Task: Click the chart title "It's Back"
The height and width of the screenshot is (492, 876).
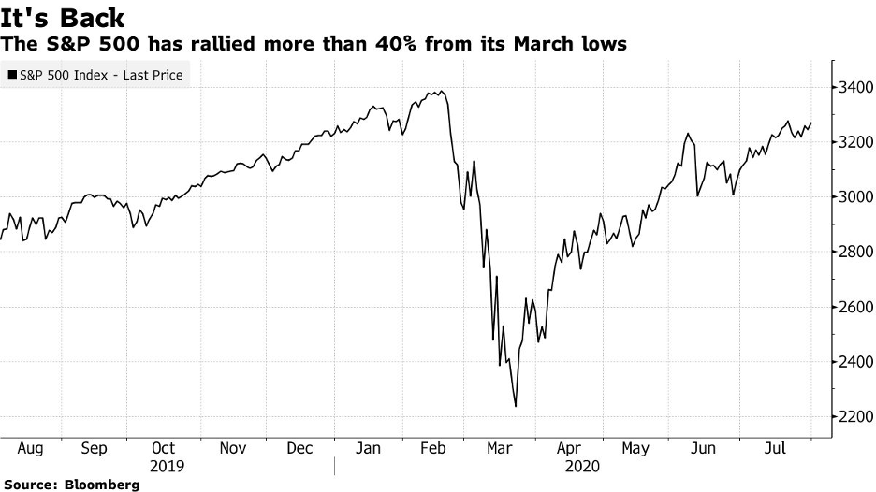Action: tap(63, 17)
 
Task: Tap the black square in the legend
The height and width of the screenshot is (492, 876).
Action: tap(12, 75)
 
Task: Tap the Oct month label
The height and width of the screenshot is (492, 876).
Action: tap(163, 448)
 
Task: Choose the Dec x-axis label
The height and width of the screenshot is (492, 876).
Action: tap(299, 448)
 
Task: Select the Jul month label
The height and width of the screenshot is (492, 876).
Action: tap(773, 448)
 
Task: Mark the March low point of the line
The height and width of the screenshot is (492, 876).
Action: tap(516, 406)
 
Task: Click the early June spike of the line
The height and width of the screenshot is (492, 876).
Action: tap(688, 134)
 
